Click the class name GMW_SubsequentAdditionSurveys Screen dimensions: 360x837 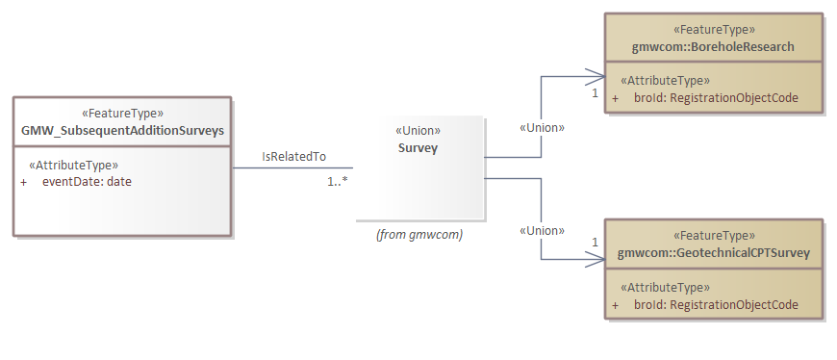123,130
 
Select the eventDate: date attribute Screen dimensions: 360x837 87,181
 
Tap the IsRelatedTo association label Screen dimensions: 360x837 294,157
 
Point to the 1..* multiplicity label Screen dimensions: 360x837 338,180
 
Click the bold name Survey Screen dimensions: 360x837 418,147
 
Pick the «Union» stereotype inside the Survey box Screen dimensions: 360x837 418,131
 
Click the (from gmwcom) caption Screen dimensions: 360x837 419,234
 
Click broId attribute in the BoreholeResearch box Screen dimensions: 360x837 716,98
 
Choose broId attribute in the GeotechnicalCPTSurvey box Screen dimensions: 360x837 716,305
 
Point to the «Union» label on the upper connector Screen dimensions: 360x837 542,127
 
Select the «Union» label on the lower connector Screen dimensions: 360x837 542,230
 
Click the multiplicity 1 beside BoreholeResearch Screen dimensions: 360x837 595,94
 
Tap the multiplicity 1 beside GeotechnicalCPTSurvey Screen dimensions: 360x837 595,242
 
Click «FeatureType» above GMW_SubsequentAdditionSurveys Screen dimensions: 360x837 123,113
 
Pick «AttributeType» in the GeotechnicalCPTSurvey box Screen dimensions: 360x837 666,288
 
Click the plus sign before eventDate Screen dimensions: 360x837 23,181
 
